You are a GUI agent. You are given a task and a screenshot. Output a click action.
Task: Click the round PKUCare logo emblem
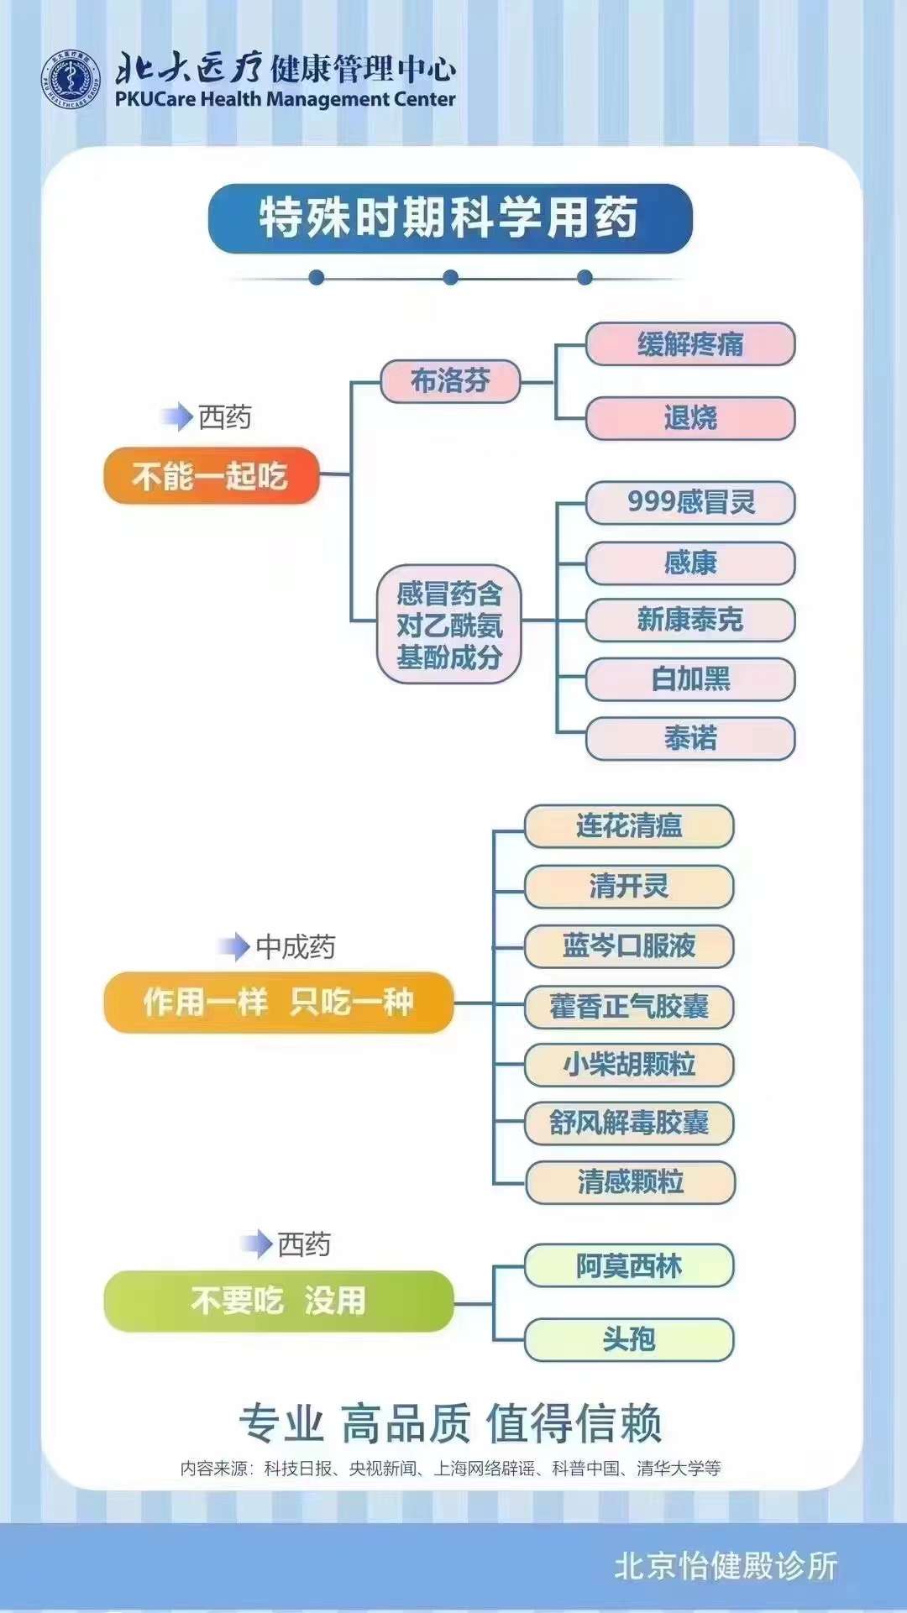(x=71, y=81)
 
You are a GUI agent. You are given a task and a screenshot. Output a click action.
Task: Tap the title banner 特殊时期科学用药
(x=450, y=218)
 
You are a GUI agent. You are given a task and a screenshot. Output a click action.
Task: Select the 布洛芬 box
(x=450, y=381)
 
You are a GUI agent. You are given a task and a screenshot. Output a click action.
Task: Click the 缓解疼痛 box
(x=689, y=344)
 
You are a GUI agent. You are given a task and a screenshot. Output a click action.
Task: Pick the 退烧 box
(x=689, y=418)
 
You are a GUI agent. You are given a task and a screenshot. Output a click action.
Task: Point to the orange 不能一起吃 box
(x=211, y=476)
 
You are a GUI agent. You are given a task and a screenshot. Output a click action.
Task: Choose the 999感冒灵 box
(x=689, y=502)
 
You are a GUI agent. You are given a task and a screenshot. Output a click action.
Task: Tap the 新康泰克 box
(x=689, y=620)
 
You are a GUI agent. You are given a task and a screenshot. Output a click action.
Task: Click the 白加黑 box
(x=689, y=678)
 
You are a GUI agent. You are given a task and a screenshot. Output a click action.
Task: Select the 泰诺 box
(x=689, y=738)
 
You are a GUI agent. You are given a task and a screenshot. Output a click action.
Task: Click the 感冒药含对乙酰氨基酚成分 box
(x=449, y=625)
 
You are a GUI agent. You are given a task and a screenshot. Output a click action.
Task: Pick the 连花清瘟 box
(x=629, y=826)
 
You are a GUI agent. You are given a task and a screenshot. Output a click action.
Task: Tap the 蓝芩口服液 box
(x=629, y=946)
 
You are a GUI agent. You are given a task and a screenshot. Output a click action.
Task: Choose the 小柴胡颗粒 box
(x=629, y=1065)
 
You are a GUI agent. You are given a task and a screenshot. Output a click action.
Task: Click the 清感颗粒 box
(x=630, y=1182)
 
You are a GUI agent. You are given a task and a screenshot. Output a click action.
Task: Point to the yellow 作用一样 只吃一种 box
(x=278, y=1002)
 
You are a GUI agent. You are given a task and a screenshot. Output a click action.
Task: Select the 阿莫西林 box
(x=629, y=1265)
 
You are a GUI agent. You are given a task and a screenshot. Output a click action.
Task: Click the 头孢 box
(x=629, y=1339)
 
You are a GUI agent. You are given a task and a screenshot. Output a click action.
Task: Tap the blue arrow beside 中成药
(x=233, y=947)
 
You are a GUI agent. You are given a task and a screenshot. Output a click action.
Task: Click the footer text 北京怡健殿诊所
(x=726, y=1566)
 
